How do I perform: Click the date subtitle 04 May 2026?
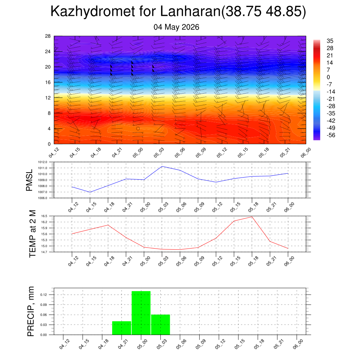[176, 27]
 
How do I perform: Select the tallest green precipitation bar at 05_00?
[141, 313]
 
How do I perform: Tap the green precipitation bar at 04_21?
[122, 328]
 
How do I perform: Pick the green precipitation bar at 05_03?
[160, 324]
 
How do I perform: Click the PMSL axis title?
[30, 180]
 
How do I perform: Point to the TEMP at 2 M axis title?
[33, 234]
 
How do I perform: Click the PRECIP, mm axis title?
[31, 311]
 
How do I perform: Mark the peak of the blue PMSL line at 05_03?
[162, 166]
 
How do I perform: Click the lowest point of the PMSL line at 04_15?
[90, 192]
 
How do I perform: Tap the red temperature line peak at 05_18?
[252, 217]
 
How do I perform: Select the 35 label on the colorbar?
[330, 41]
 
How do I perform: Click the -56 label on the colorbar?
[331, 135]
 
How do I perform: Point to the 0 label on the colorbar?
[328, 77]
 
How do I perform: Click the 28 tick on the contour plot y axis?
[48, 36]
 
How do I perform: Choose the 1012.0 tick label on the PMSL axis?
[43, 162]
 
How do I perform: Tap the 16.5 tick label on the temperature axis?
[44, 216]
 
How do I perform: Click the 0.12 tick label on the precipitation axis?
[44, 295]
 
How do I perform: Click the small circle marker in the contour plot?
[138, 129]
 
